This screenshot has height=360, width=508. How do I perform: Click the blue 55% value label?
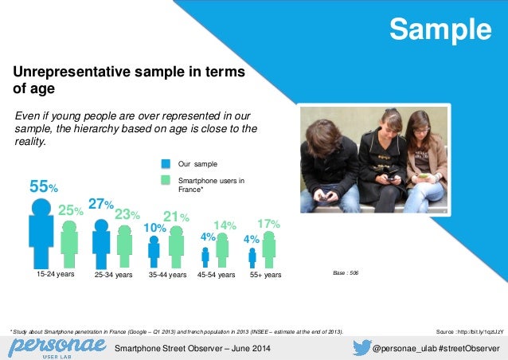click(x=43, y=187)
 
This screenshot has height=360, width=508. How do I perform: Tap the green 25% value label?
click(x=71, y=210)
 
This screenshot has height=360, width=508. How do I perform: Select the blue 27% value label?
click(x=101, y=205)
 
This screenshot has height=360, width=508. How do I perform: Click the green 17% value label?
click(x=268, y=225)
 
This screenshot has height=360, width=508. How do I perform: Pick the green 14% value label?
click(x=225, y=226)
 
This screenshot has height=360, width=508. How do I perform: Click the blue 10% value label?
click(x=154, y=228)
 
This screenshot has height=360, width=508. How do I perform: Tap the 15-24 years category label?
click(x=56, y=274)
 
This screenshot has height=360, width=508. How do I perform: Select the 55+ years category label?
click(x=266, y=275)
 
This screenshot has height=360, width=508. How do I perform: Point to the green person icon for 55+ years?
click(x=269, y=248)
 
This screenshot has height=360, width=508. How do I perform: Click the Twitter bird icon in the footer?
click(x=362, y=347)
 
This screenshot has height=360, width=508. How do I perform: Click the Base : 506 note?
click(x=344, y=273)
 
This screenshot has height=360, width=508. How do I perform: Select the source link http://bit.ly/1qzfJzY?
click(x=471, y=331)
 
